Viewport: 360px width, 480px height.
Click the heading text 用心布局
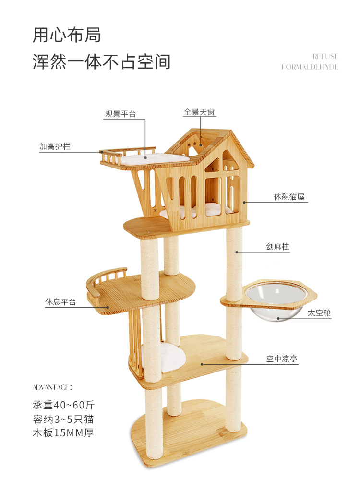pyautogui.click(x=67, y=35)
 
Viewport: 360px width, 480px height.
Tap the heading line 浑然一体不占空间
pyautogui.click(x=101, y=62)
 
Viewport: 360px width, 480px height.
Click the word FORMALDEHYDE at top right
pyautogui.click(x=310, y=67)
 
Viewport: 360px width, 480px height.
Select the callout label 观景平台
pyautogui.click(x=120, y=114)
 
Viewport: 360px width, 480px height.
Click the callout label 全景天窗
pyautogui.click(x=199, y=112)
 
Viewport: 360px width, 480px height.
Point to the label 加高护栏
pyautogui.click(x=55, y=146)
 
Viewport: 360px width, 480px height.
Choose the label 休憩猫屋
pyautogui.click(x=289, y=197)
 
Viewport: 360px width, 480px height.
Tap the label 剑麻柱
pyautogui.click(x=278, y=247)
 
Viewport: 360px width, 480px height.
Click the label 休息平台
pyautogui.click(x=60, y=302)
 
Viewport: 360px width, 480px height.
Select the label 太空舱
pyautogui.click(x=319, y=313)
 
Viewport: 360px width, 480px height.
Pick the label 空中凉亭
pyautogui.click(x=282, y=359)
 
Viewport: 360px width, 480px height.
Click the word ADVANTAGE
pyautogui.click(x=52, y=387)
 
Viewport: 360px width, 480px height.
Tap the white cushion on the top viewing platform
pyautogui.click(x=154, y=158)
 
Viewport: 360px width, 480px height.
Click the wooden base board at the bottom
pyautogui.click(x=192, y=437)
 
